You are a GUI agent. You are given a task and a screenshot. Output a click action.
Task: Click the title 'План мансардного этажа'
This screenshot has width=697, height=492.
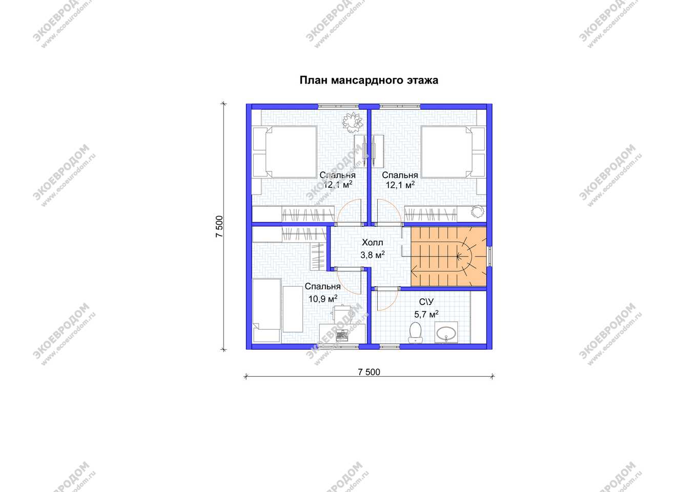368,80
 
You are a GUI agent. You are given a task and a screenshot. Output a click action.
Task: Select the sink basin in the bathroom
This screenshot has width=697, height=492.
446,333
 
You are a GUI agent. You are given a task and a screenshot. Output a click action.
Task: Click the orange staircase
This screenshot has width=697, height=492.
448,256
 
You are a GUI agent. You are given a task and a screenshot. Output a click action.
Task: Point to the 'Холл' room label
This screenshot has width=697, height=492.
373,243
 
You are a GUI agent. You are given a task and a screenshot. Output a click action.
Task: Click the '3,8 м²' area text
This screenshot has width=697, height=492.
373,255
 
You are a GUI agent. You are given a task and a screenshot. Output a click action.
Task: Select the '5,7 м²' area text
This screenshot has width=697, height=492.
426,314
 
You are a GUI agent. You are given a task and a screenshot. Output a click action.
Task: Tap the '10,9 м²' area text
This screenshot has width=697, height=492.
323,298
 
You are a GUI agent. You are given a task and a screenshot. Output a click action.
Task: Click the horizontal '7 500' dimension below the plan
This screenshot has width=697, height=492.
369,372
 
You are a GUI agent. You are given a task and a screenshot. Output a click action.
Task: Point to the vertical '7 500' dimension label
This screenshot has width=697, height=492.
219,227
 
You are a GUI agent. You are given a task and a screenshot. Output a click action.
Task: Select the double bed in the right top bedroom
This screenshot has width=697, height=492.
453,152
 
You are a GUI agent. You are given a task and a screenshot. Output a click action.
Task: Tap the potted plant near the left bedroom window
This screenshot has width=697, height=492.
353,122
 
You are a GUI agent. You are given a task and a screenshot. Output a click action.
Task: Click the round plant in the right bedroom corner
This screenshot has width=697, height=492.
477,211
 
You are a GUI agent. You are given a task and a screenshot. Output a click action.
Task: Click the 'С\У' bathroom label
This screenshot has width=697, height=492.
426,302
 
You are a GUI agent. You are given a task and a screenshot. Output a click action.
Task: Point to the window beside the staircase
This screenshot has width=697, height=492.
489,256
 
